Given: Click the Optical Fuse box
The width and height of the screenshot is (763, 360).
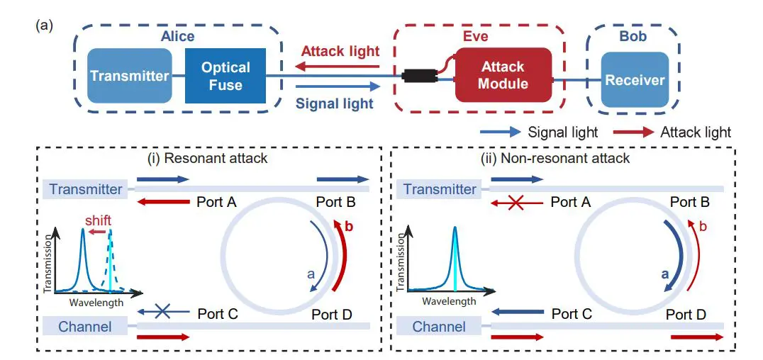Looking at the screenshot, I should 225,76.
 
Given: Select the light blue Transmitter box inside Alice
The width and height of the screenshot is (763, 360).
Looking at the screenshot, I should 130,76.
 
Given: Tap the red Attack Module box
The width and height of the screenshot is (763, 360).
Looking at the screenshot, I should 503,75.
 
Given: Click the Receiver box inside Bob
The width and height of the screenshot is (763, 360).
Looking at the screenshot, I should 635,79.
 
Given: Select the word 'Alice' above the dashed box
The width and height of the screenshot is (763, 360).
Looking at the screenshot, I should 177,36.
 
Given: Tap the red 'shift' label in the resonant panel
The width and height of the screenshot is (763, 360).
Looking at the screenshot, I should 97,219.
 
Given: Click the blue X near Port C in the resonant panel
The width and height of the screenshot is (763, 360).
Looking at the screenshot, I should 162,313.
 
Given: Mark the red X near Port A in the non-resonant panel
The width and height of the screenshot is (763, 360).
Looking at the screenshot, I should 516,203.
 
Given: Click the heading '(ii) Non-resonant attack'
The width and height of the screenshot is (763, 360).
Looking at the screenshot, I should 564,158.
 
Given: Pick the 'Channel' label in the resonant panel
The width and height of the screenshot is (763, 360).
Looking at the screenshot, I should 85,327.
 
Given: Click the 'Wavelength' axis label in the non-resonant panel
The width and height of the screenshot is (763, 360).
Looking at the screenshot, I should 449,301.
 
